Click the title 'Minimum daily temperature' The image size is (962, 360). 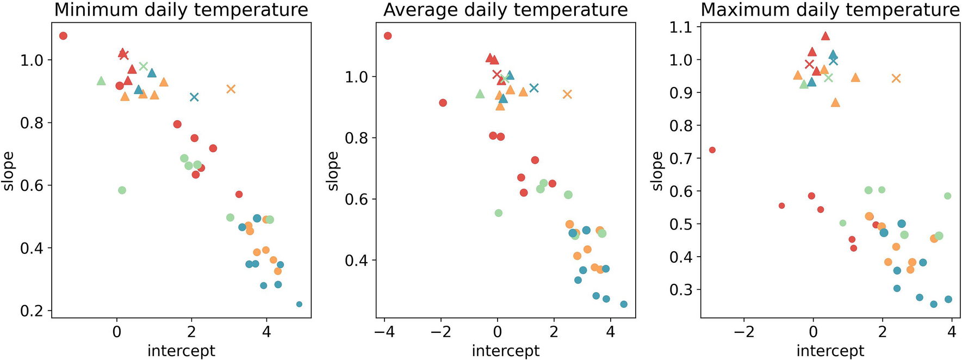point(181,10)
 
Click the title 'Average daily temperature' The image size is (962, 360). point(505,10)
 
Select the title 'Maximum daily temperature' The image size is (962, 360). point(830,10)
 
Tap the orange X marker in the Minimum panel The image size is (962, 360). point(231,89)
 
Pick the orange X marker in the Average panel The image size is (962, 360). point(567,94)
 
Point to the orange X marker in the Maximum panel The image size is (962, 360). point(896,78)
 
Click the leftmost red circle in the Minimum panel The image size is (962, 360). point(63,36)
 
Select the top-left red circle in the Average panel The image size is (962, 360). point(388,36)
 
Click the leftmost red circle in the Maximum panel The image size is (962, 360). point(712,150)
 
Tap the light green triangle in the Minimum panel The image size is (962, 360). point(101,81)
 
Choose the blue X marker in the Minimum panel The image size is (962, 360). point(194,97)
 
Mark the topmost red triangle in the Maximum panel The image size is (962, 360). point(826,36)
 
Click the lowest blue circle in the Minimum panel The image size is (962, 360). point(299,304)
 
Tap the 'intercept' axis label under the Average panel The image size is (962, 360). point(505,351)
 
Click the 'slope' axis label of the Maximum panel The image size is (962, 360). point(657,171)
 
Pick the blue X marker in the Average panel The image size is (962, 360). point(534,88)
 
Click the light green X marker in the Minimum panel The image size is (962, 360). point(143,66)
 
